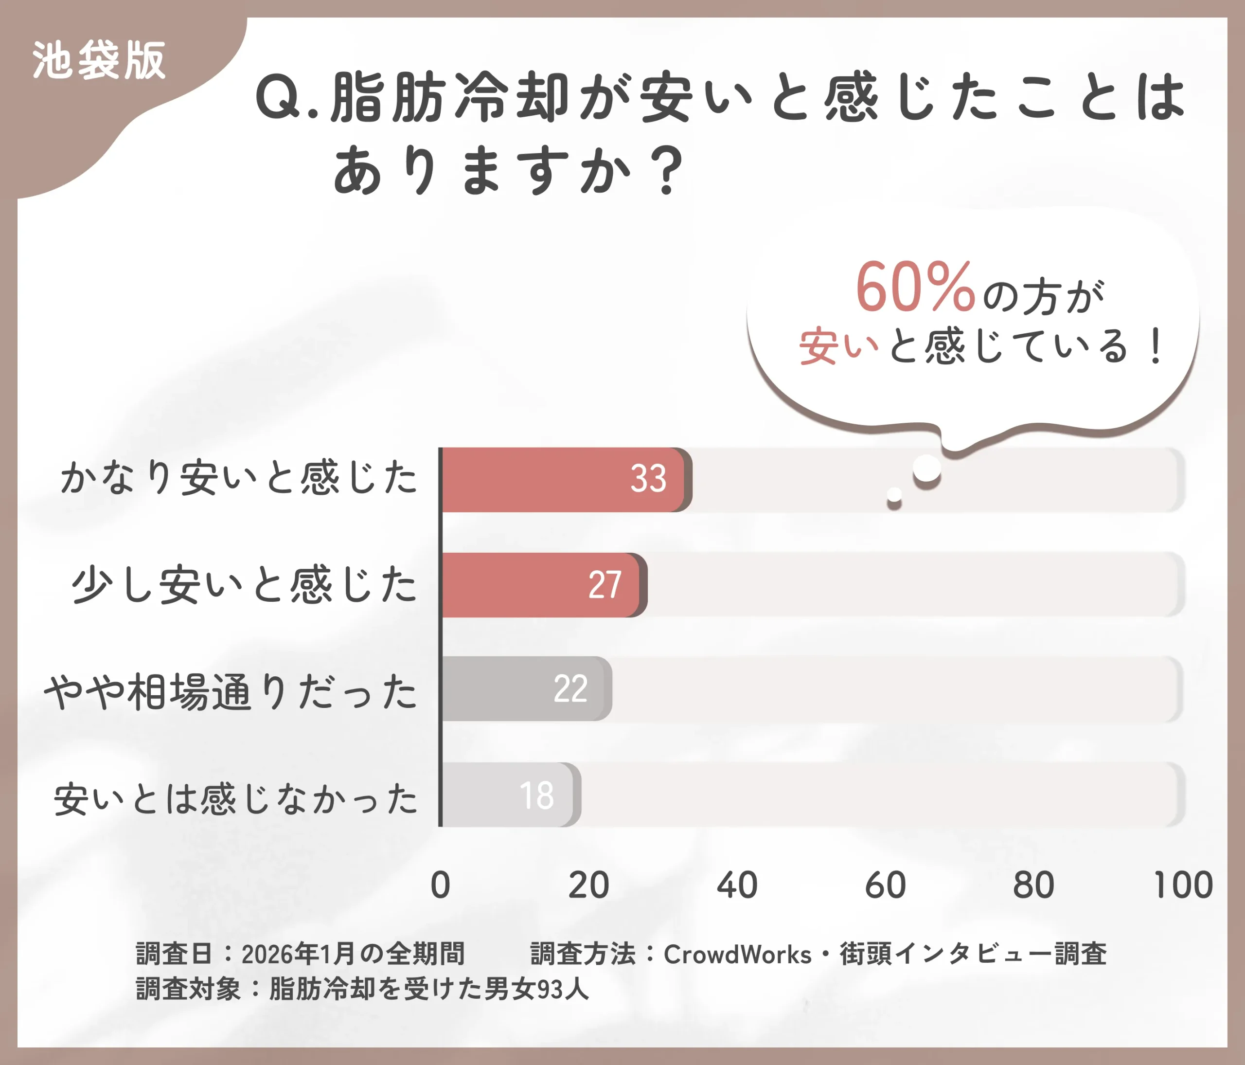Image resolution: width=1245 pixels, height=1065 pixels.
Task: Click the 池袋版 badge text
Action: pos(99,61)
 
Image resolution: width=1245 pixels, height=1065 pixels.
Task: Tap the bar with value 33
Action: pos(565,480)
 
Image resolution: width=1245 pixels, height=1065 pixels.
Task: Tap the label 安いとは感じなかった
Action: pos(235,799)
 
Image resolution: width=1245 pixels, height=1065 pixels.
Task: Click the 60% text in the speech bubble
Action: pos(914,289)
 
